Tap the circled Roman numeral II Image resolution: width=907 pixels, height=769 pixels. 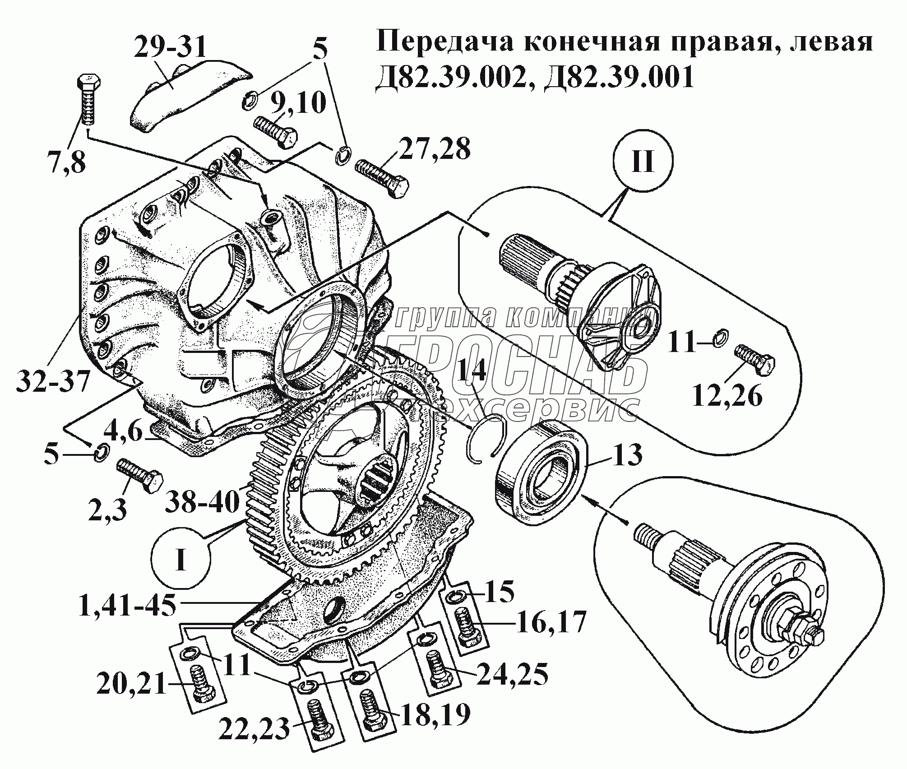tap(643, 161)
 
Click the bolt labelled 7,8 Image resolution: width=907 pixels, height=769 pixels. tap(87, 101)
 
